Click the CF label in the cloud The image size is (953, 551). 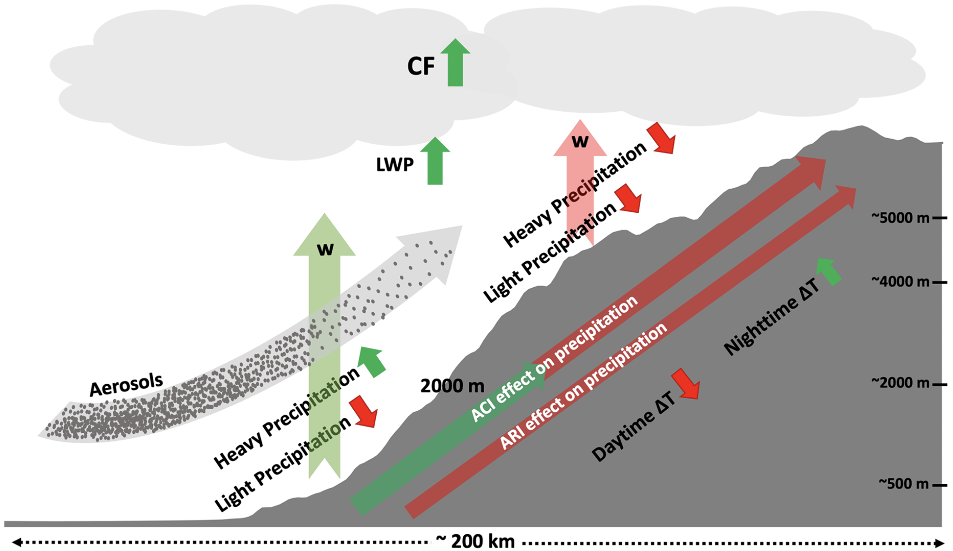point(421,66)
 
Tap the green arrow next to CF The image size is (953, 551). point(455,62)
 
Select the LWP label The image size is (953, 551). point(395,165)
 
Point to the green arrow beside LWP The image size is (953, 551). point(435,160)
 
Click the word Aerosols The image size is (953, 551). point(126,385)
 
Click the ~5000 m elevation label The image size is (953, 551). point(900,218)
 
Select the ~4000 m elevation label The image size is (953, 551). point(900,282)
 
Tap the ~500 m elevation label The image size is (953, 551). point(903,483)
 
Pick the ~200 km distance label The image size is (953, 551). point(475,541)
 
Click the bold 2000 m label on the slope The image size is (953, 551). point(452,386)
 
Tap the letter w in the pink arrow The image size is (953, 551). point(580,141)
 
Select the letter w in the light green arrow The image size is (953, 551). point(325,249)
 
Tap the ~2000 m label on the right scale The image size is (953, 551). point(900,383)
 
